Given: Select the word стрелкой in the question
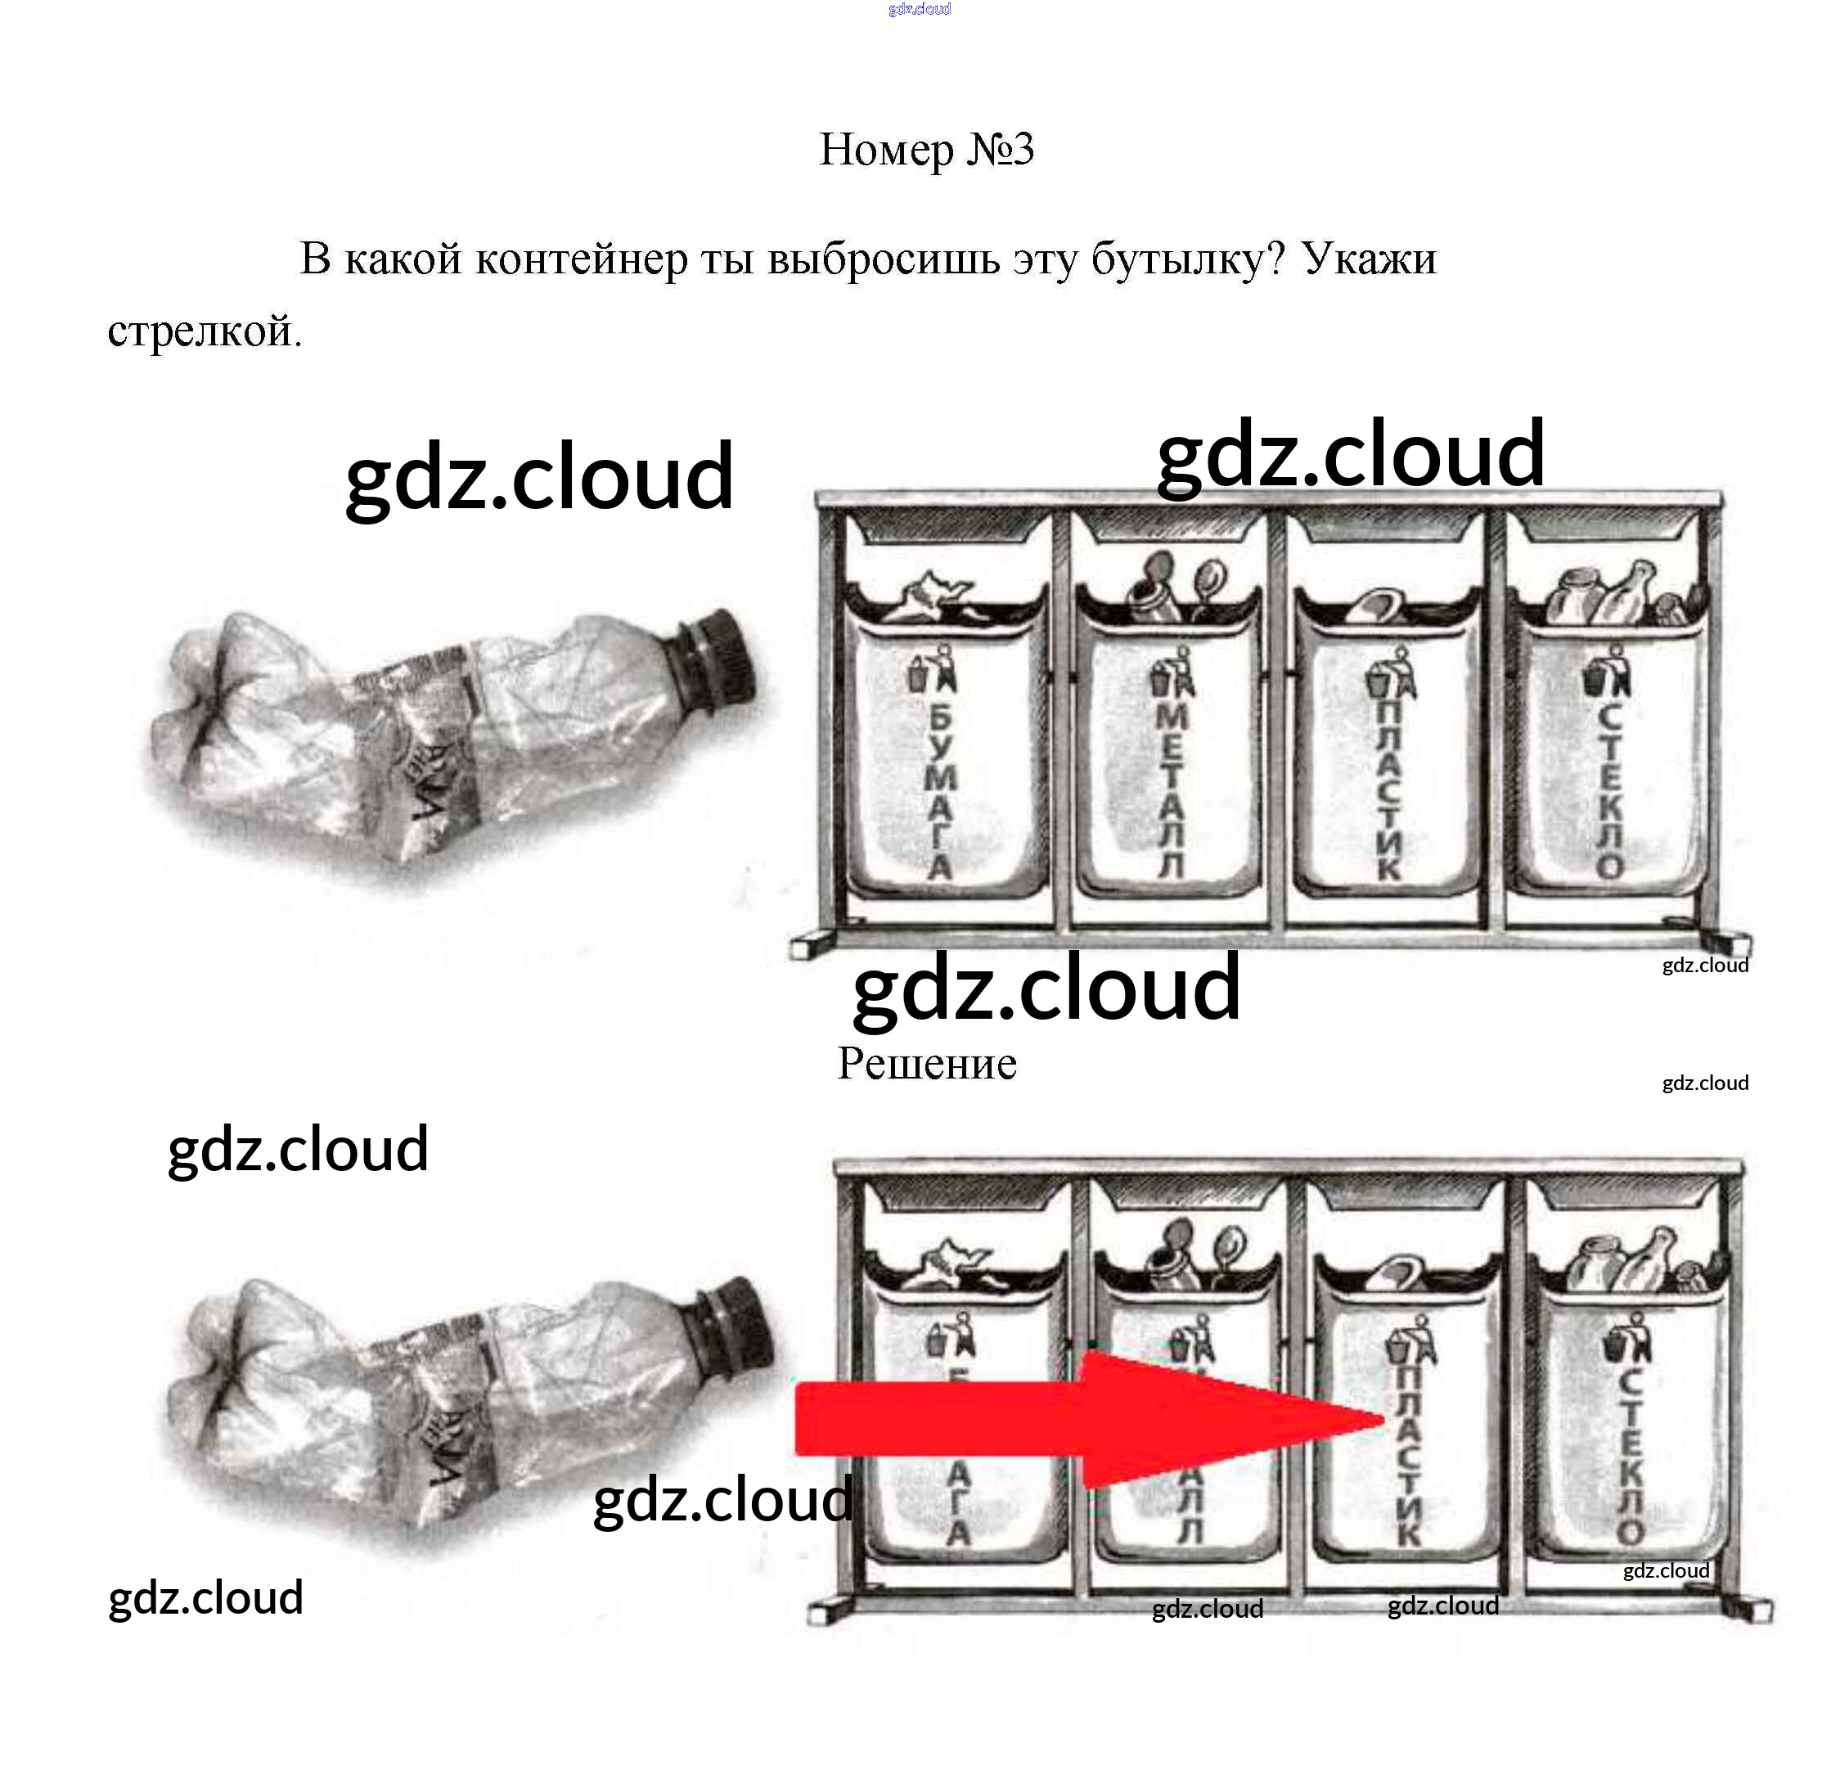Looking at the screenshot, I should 204,331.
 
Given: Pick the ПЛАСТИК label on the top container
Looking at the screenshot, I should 1388,789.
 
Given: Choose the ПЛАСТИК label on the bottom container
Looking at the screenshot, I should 1407,1456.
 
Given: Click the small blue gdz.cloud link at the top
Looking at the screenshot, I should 919,9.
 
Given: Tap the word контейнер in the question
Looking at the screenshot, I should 581,259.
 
